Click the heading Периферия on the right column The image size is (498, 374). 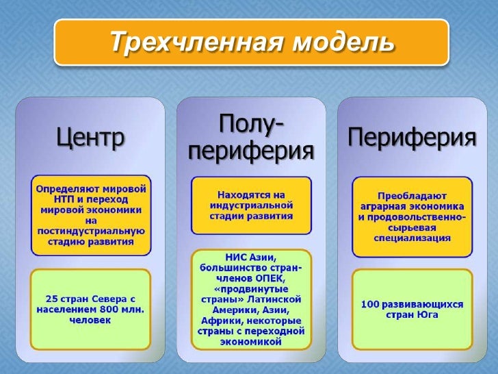[412, 138]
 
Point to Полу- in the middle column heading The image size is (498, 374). [251, 125]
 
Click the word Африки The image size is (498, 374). [218, 321]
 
